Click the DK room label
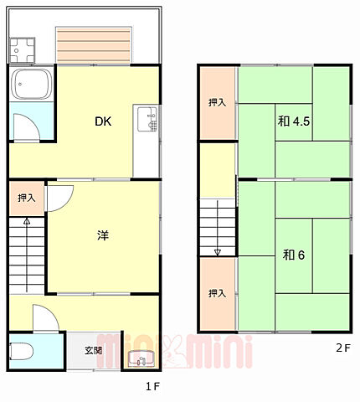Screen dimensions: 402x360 tap(102, 122)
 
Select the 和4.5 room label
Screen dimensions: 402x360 tap(295, 121)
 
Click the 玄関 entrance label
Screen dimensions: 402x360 tap(93, 351)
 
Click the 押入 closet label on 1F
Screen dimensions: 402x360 tap(27, 198)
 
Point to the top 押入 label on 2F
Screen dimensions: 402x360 tap(217, 102)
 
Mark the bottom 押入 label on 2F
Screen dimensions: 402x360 tap(217, 293)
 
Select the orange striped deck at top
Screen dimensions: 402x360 tap(94, 44)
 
